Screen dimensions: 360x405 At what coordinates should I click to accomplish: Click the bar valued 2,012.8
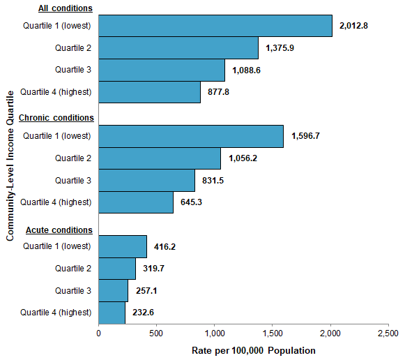pos(215,26)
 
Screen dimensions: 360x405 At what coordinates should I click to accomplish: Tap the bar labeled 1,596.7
pos(191,136)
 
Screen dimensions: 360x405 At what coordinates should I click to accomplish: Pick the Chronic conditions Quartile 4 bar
pos(136,202)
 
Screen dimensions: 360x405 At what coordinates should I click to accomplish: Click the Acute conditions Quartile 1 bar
pos(123,246)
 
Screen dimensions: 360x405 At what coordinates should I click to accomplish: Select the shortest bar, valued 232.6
pos(112,313)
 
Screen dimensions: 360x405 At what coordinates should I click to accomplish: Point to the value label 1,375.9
pos(283,48)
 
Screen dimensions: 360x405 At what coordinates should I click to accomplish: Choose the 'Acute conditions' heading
pos(59,230)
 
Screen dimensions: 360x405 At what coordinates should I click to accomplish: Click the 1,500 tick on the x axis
pos(272,333)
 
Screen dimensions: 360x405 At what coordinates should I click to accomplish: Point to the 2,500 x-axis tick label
pos(388,333)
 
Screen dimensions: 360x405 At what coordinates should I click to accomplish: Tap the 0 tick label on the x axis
pos(98,333)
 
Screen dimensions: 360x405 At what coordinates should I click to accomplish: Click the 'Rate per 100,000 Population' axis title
pos(253,350)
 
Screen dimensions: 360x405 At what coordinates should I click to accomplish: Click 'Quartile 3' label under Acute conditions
pos(73,290)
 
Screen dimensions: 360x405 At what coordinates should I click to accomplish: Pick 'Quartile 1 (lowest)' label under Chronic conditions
pos(57,136)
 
